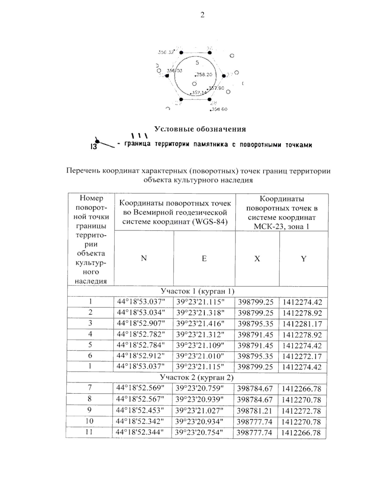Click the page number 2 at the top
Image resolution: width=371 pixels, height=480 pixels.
click(x=202, y=15)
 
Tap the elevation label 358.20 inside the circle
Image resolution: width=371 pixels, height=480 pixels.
click(x=204, y=75)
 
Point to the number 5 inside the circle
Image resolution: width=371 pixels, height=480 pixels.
click(x=197, y=63)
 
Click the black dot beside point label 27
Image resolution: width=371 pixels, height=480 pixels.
click(x=224, y=76)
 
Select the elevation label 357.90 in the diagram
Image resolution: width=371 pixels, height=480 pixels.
click(x=216, y=88)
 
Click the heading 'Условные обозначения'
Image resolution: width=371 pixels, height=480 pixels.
click(x=200, y=129)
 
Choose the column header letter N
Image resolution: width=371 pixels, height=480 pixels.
click(x=144, y=258)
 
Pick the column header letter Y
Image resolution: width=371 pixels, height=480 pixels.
click(x=304, y=259)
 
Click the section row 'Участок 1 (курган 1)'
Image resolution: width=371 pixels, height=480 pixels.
click(x=197, y=291)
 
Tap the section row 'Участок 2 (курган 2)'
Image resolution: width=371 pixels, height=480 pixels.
click(x=197, y=377)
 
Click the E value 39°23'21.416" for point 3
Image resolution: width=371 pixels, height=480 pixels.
click(x=200, y=324)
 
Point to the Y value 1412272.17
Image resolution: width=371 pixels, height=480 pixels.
click(x=302, y=356)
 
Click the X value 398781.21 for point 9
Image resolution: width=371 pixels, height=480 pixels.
click(x=255, y=411)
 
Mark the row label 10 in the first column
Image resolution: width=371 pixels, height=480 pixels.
click(x=89, y=421)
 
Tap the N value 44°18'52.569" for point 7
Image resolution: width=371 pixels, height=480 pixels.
click(x=140, y=388)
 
